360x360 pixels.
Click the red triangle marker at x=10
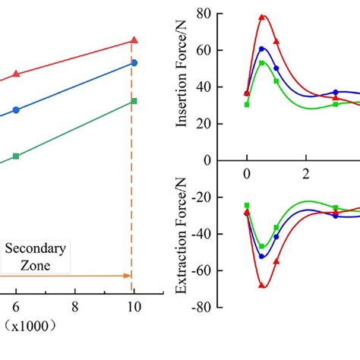click(x=134, y=39)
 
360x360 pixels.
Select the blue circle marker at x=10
click(x=134, y=62)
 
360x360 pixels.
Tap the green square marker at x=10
click(x=134, y=101)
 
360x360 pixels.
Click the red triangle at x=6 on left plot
click(x=16, y=74)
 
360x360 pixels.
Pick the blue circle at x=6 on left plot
click(x=16, y=109)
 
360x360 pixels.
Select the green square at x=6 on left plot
click(x=16, y=156)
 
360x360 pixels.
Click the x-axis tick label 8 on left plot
click(x=74, y=306)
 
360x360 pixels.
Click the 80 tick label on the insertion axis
click(x=203, y=14)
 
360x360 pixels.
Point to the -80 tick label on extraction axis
click(x=200, y=307)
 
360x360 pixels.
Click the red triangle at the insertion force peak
click(x=262, y=17)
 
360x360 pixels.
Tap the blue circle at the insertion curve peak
click(x=262, y=49)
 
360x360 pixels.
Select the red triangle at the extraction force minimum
click(x=263, y=285)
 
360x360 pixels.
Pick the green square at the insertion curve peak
click(x=262, y=63)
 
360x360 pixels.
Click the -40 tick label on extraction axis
click(x=200, y=234)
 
